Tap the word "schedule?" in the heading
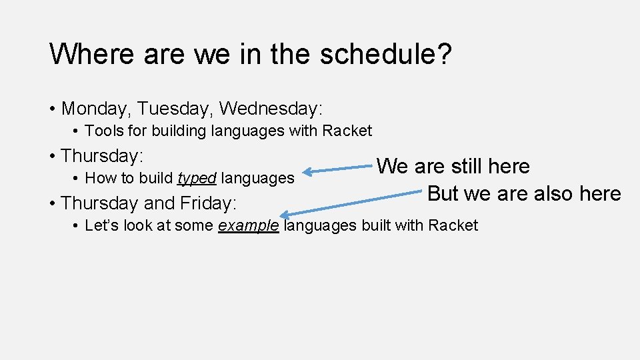pos(386,54)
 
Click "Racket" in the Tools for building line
pos(347,131)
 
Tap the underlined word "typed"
pos(197,178)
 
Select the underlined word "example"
pos(249,225)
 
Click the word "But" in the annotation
pos(443,193)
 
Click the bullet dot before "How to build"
pos(77,179)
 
